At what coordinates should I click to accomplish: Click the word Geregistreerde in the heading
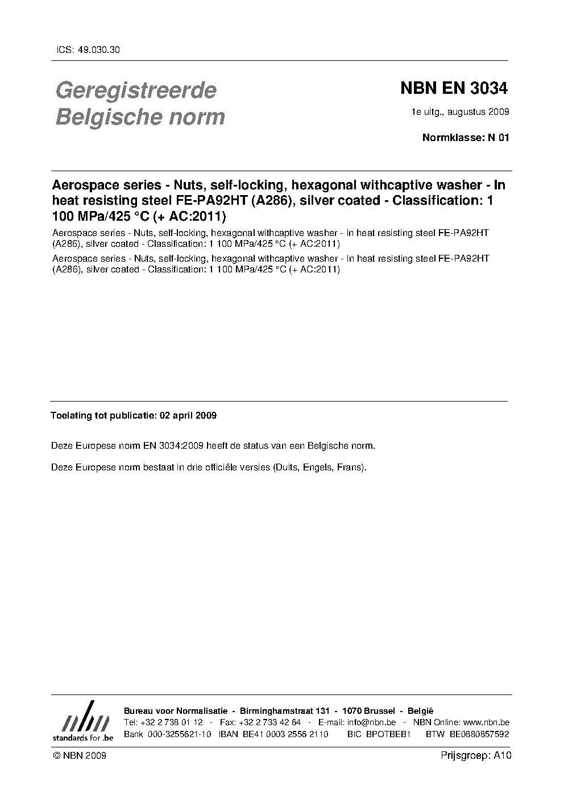(x=135, y=90)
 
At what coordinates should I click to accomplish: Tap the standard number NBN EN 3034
(x=454, y=89)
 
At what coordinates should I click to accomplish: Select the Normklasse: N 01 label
(x=466, y=138)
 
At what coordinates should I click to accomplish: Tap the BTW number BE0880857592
(x=479, y=734)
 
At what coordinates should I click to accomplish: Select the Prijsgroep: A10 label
(x=476, y=756)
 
